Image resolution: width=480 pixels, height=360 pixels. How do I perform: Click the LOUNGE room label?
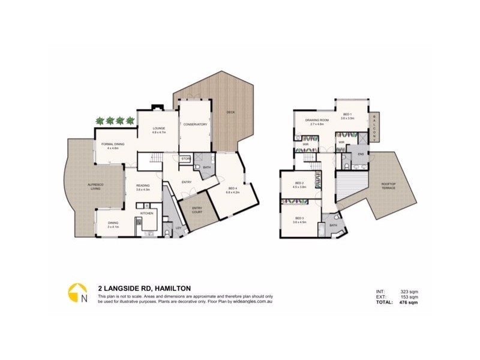(158, 128)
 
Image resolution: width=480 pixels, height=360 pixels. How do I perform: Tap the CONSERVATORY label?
(195, 124)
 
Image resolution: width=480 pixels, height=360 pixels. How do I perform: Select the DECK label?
(230, 112)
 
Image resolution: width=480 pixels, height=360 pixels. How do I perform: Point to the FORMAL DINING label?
(113, 144)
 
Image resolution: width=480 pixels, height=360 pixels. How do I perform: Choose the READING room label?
(142, 185)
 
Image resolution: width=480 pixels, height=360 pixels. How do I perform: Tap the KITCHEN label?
(147, 213)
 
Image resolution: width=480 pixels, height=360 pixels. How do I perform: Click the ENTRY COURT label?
(196, 211)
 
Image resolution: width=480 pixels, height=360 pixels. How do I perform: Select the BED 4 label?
(232, 190)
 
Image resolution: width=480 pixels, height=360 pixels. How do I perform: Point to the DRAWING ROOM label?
(317, 121)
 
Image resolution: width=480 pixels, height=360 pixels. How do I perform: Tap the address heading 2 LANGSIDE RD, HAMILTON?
(144, 288)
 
